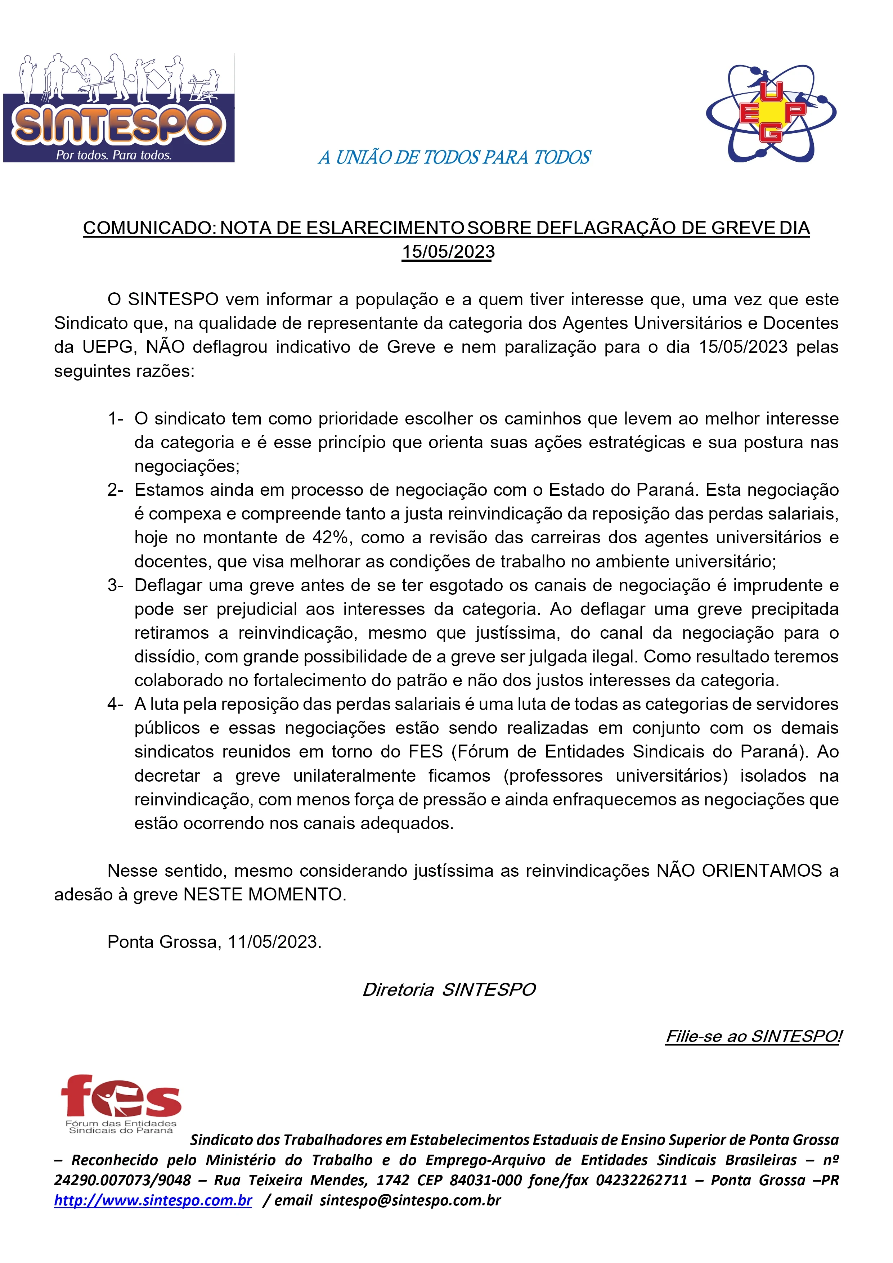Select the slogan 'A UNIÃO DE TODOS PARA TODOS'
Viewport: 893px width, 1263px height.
[454, 158]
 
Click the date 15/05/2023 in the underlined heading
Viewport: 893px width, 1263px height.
[448, 252]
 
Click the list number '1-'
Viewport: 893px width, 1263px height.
[115, 419]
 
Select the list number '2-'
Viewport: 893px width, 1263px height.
[115, 490]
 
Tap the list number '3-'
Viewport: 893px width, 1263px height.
[115, 585]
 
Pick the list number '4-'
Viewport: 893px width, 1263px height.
[115, 704]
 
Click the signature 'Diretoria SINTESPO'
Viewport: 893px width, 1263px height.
[448, 990]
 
